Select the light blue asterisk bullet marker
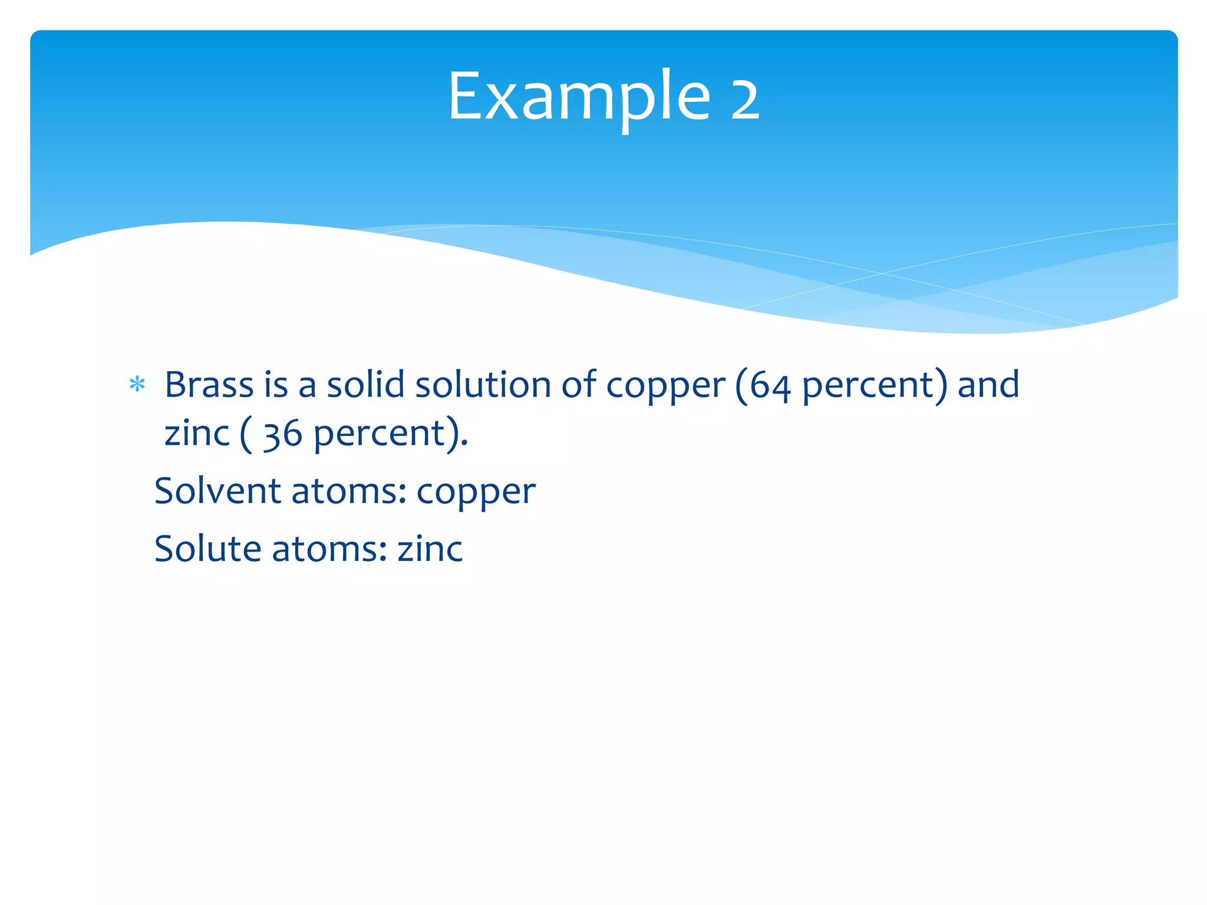coord(137,385)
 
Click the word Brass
coord(209,385)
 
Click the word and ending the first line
coord(988,385)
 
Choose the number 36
coord(282,435)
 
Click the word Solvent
coord(217,491)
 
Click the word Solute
coord(207,549)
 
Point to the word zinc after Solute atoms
coord(430,549)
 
